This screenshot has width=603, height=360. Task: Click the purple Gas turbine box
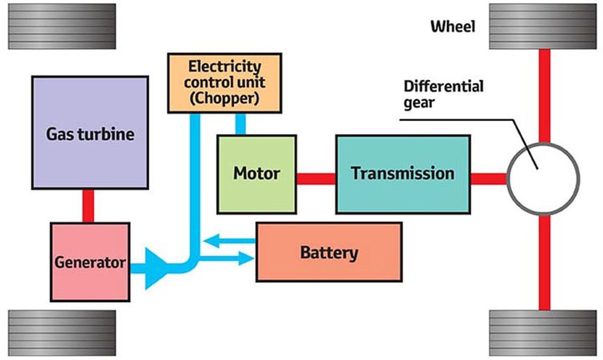(x=90, y=133)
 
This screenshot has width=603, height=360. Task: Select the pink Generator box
(x=90, y=262)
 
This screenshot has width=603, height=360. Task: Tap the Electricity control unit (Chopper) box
(x=225, y=83)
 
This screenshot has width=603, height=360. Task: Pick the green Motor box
(x=256, y=174)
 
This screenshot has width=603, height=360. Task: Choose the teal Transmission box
(x=403, y=174)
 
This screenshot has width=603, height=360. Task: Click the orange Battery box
(x=329, y=252)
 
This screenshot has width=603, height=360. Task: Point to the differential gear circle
(x=543, y=178)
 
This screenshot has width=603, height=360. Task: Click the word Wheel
(x=452, y=27)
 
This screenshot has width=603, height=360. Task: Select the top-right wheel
(x=543, y=27)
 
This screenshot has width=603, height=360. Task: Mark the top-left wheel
(x=62, y=27)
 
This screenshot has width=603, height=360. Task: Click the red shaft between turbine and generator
(x=88, y=206)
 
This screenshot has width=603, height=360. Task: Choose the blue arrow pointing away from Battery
(x=229, y=242)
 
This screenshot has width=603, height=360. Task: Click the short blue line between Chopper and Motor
(x=241, y=124)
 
